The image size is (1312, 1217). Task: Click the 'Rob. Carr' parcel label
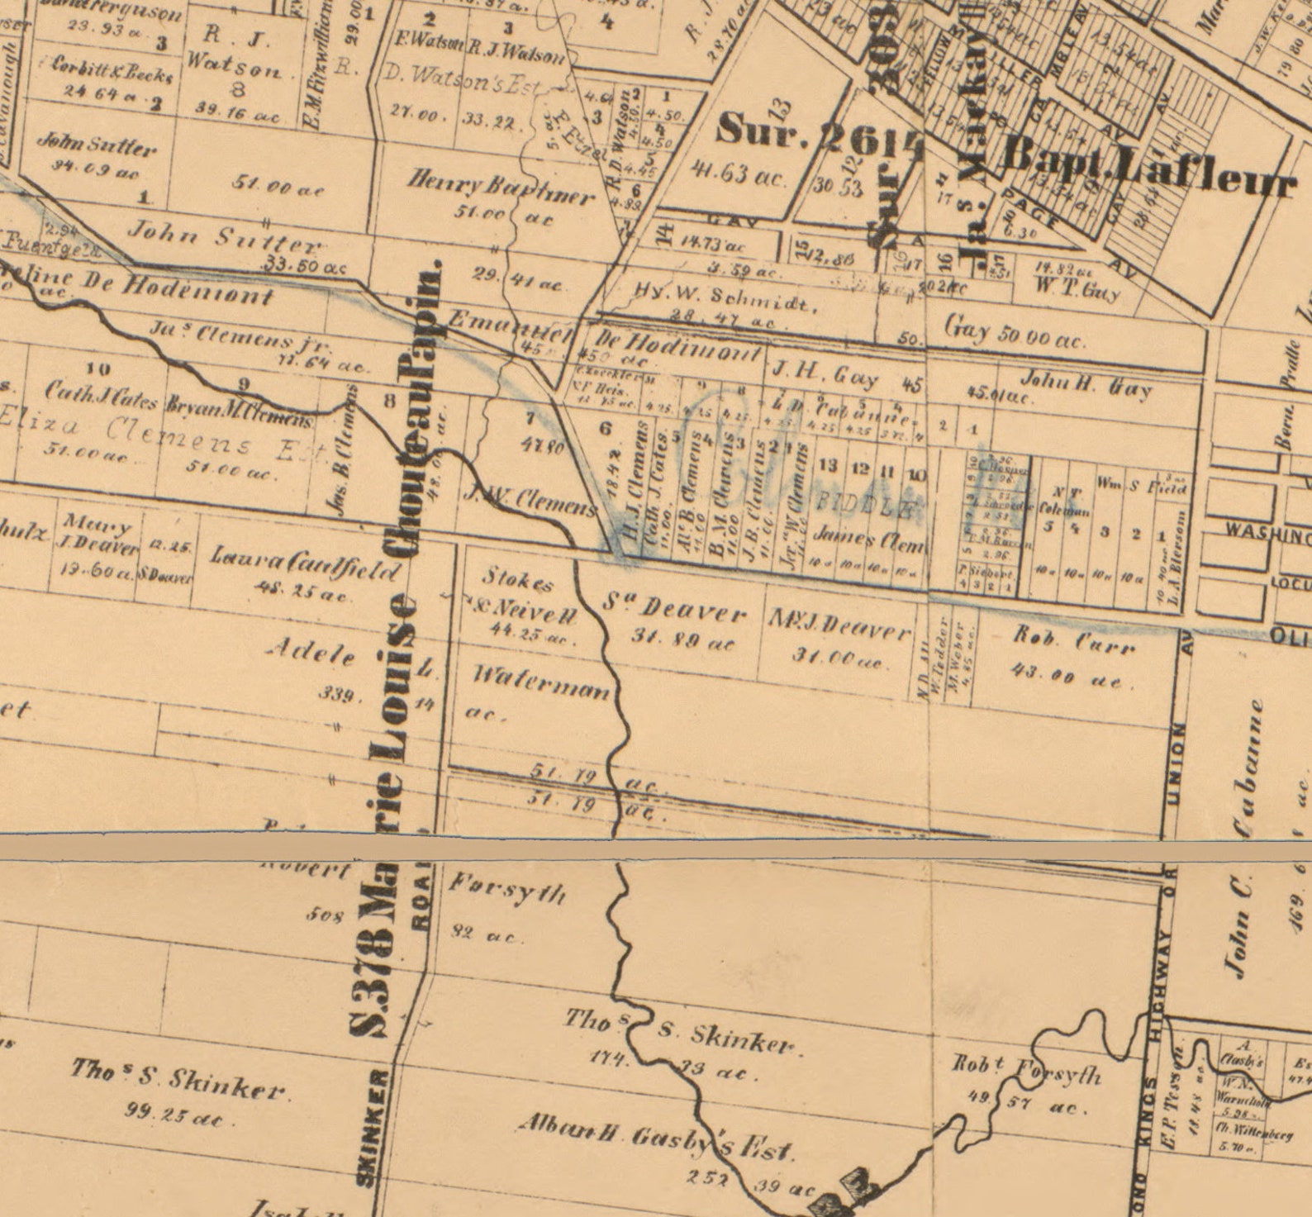click(1074, 640)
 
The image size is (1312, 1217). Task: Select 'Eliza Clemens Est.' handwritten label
click(165, 435)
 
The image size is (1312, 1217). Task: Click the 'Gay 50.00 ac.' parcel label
click(1015, 333)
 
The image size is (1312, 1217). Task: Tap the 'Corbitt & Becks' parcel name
click(112, 71)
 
